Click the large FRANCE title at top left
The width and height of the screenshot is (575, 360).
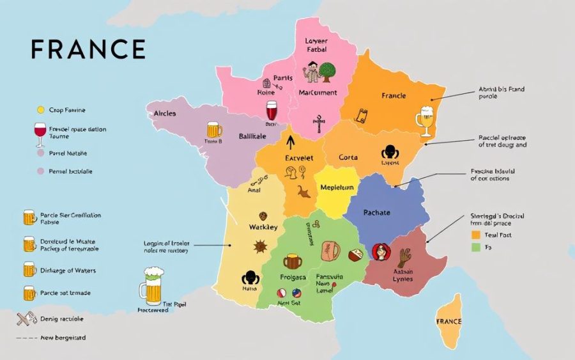tap(88, 49)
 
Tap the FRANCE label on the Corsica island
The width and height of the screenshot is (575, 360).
tap(449, 321)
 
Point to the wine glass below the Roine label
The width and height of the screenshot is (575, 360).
tap(272, 112)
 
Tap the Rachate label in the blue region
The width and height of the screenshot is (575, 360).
tap(376, 212)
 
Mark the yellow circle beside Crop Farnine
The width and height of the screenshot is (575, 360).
tap(41, 110)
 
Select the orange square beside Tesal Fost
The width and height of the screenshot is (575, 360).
tap(475, 235)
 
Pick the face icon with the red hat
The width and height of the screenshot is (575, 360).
tap(381, 252)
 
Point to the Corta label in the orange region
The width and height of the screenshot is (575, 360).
tap(349, 157)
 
